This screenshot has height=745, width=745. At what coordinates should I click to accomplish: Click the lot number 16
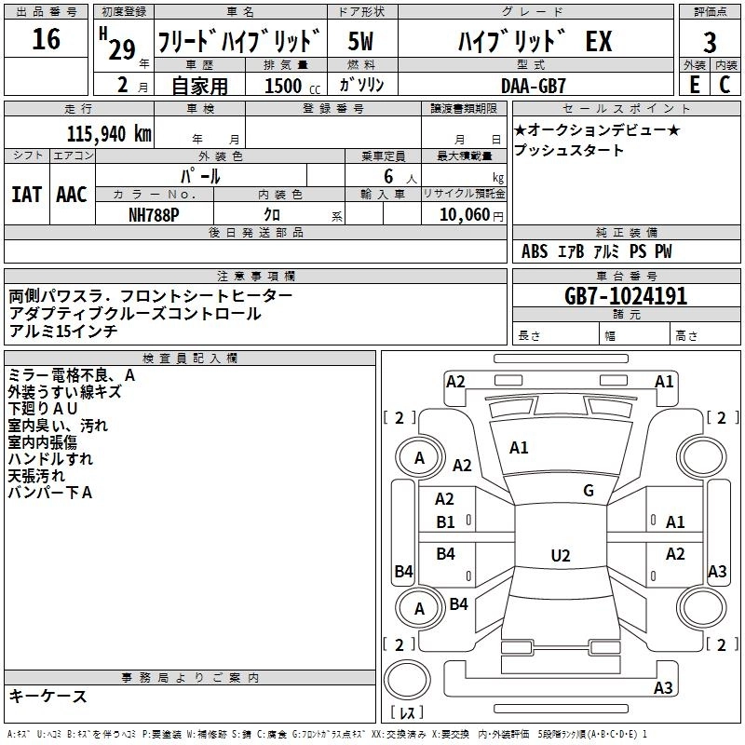(46, 41)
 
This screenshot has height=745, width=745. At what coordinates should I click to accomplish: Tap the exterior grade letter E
(694, 84)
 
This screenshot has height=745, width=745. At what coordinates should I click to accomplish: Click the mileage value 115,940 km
(110, 134)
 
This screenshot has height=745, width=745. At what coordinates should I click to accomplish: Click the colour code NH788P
(155, 214)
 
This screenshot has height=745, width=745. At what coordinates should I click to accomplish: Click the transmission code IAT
(27, 195)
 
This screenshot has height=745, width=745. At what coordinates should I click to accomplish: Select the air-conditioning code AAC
(72, 195)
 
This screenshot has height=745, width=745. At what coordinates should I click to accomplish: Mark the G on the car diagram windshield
(589, 490)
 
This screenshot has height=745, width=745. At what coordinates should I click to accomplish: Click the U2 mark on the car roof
(560, 556)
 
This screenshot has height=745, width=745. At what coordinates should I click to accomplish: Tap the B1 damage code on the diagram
(446, 522)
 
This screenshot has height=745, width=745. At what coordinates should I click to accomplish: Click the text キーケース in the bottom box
(47, 697)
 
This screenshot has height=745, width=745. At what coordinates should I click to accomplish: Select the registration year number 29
(121, 50)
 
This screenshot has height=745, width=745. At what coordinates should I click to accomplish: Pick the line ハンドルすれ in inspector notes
(50, 459)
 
